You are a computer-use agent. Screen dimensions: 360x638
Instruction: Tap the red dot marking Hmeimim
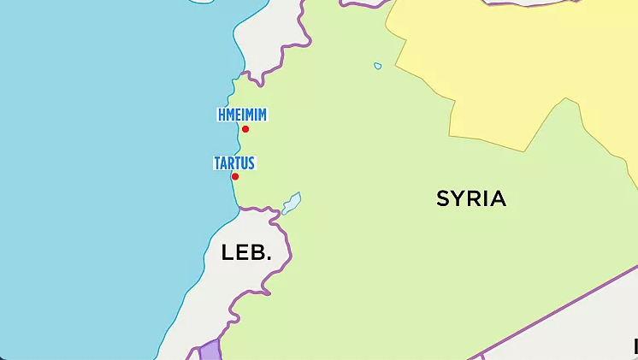[245, 129]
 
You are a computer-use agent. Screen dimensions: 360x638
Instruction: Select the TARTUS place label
[234, 162]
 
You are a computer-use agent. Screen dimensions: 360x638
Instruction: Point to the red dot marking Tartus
[235, 177]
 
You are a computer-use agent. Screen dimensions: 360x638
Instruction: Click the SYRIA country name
[471, 199]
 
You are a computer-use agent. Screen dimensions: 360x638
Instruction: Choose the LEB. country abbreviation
[246, 253]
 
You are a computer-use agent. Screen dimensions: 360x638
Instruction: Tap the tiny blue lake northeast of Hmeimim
[378, 66]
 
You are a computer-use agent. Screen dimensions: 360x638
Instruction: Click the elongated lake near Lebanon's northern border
[292, 203]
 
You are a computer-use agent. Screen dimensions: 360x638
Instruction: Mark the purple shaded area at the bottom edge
[209, 351]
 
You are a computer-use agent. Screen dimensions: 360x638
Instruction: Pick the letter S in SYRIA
[443, 199]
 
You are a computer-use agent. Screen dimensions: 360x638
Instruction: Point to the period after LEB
[269, 259]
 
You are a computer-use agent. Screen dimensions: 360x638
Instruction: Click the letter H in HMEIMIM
[222, 115]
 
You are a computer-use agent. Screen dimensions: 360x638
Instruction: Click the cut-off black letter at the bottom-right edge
[635, 346]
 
